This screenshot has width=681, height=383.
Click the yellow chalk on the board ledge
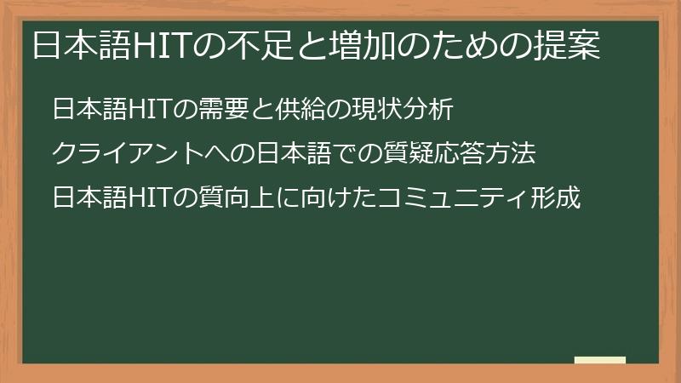pyautogui.click(x=600, y=360)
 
